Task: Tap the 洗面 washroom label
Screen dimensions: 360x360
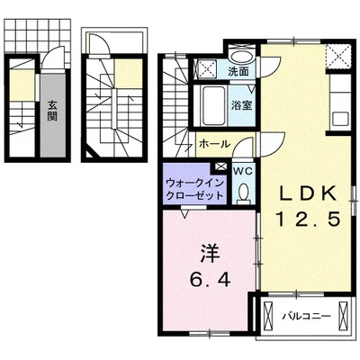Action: tap(238, 71)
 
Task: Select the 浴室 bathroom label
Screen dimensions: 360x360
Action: tap(240, 105)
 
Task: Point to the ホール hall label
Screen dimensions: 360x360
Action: tap(213, 143)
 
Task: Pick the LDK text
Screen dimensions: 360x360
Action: tap(306, 193)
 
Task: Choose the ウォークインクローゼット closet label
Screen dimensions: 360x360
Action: tap(194, 188)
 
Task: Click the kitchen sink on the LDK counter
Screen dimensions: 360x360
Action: tap(338, 117)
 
